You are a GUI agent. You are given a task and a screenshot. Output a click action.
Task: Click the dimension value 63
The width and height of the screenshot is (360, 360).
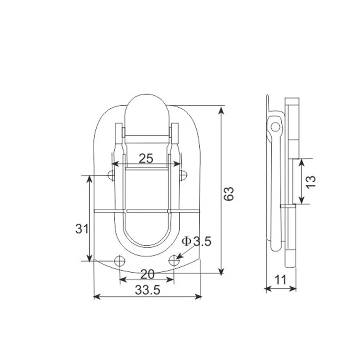click(229, 193)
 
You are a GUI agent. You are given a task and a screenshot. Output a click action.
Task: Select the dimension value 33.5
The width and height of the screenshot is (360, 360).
click(148, 290)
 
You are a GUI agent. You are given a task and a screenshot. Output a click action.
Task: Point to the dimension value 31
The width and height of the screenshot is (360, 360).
click(81, 229)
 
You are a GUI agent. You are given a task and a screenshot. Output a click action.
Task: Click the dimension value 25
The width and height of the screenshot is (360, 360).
click(146, 158)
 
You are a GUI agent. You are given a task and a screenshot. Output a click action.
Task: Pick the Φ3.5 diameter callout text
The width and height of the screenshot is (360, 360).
click(196, 242)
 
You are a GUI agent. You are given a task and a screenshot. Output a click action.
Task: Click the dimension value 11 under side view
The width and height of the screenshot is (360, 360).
click(280, 280)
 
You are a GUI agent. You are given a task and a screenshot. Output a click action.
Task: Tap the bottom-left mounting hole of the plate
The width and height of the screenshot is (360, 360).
click(120, 260)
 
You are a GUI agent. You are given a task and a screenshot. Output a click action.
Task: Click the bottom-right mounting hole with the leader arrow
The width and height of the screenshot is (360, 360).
click(175, 260)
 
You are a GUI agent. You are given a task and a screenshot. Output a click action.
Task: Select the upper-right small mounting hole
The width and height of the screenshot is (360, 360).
click(182, 174)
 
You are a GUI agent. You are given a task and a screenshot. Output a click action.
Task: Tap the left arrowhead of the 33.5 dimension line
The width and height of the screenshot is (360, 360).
click(96, 296)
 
